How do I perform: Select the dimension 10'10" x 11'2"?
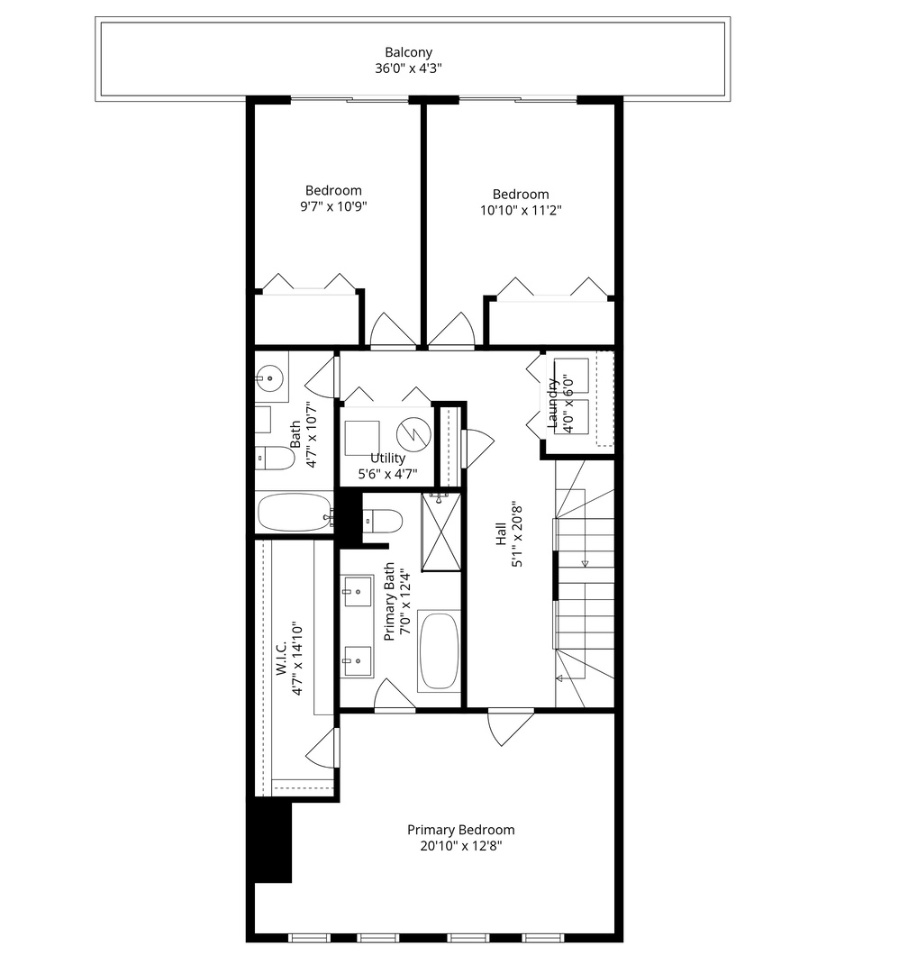(x=521, y=211)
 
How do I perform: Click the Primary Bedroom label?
(x=460, y=830)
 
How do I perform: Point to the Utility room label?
(x=387, y=458)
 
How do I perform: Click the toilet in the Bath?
(x=276, y=459)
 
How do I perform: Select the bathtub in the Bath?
(x=294, y=513)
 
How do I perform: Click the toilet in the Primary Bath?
(x=383, y=521)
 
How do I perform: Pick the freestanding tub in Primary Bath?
(x=440, y=650)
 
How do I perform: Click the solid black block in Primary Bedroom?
(x=272, y=841)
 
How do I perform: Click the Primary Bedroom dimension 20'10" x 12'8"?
(x=460, y=847)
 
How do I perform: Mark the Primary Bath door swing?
(x=393, y=696)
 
